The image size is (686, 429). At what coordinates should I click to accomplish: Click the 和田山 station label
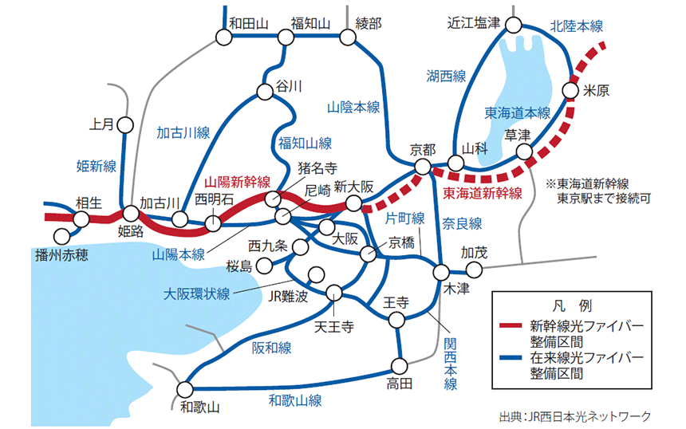point(249,23)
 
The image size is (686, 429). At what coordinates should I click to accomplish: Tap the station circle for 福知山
point(286,37)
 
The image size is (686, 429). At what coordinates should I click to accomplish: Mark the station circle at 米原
point(570,90)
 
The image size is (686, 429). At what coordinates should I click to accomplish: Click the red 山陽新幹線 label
point(238,182)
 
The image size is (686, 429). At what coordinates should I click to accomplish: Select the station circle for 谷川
point(264,92)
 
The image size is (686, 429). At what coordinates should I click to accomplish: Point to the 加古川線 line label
point(183,132)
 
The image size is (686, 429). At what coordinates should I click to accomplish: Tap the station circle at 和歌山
point(185,389)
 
